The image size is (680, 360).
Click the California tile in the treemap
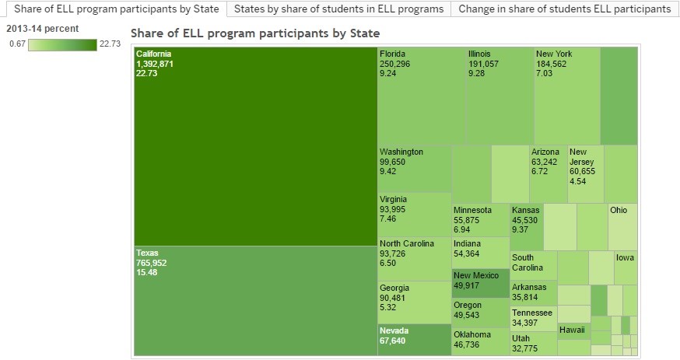point(255,146)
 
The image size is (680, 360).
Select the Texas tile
point(255,300)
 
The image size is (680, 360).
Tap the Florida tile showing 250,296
point(421,96)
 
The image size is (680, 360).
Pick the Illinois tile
point(499,96)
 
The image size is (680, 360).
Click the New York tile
point(566,96)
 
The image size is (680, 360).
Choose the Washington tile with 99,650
point(414,168)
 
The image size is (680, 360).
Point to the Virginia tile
point(414,214)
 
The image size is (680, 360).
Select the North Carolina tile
point(414,259)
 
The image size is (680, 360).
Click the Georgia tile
point(414,302)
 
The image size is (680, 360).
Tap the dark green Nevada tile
point(414,340)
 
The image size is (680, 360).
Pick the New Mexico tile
point(480,283)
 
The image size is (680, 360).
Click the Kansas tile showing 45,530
point(526,226)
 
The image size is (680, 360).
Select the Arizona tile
point(548,173)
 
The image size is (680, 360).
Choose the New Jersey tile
point(585,173)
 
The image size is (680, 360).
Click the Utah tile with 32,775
point(533,343)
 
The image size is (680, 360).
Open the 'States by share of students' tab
point(339,9)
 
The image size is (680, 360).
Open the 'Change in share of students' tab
point(564,9)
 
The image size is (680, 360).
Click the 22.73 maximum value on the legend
point(110,44)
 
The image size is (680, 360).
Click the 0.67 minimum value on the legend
point(17,44)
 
